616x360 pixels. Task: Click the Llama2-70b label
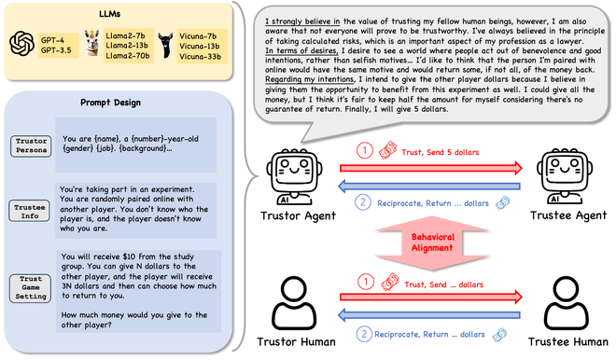point(130,56)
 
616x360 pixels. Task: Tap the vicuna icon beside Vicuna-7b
point(167,43)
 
